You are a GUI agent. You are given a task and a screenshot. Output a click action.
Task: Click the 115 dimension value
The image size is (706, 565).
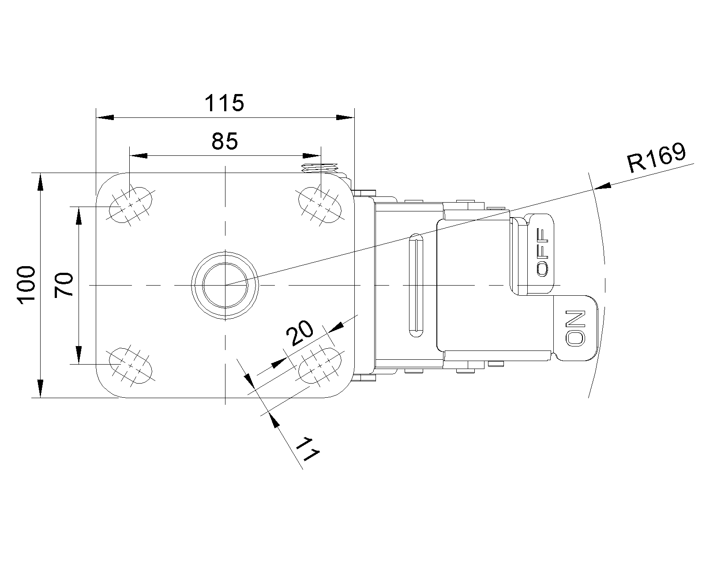tap(225, 103)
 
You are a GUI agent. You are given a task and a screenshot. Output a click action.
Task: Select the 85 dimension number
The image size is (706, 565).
tap(225, 141)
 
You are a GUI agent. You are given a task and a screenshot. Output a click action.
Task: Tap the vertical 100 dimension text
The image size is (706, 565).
tap(26, 285)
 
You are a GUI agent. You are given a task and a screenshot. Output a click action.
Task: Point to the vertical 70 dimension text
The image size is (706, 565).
tap(64, 285)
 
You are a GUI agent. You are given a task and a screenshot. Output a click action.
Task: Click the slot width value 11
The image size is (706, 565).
tap(308, 449)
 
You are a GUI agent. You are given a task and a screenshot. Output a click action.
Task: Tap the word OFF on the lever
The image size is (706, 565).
tap(542, 252)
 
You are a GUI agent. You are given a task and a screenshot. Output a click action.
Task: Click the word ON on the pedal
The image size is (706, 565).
tap(576, 328)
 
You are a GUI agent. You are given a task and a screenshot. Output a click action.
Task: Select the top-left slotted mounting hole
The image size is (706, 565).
tap(131, 205)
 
